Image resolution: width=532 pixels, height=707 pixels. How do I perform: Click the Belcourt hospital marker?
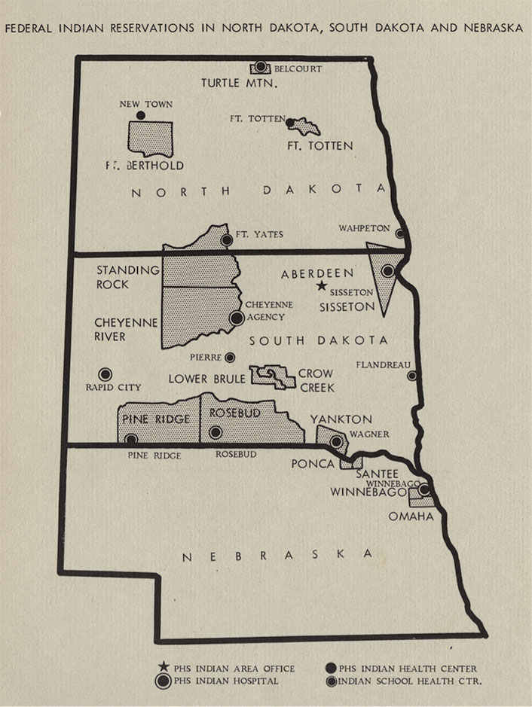261,67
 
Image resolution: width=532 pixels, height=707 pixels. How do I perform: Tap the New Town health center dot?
140,115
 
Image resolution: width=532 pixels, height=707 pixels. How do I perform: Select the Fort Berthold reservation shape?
150,139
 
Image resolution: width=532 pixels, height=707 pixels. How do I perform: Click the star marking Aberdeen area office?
321,286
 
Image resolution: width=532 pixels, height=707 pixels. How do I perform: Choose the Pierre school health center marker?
230,357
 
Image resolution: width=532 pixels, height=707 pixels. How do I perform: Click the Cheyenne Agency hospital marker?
236,318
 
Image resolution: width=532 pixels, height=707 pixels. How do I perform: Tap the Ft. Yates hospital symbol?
226,240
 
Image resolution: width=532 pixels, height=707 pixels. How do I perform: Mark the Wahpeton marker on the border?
399,233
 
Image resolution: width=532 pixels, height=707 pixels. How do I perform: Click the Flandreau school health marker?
411,376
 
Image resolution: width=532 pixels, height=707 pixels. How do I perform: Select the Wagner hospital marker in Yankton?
335,440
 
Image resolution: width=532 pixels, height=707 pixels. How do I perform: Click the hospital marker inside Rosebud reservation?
216,432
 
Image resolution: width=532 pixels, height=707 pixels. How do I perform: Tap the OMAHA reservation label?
411,516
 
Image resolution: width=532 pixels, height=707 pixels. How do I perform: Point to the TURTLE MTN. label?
240,82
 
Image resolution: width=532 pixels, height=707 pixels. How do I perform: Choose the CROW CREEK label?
315,379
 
